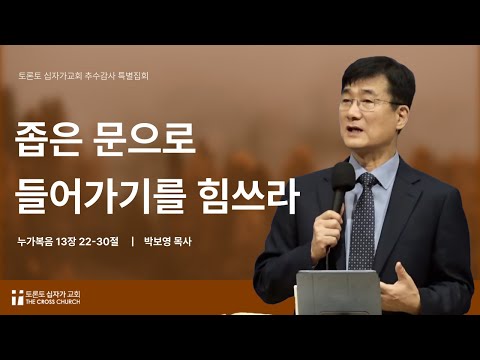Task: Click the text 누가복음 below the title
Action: coord(40,241)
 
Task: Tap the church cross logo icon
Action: coord(17,297)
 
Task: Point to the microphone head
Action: coord(344,180)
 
